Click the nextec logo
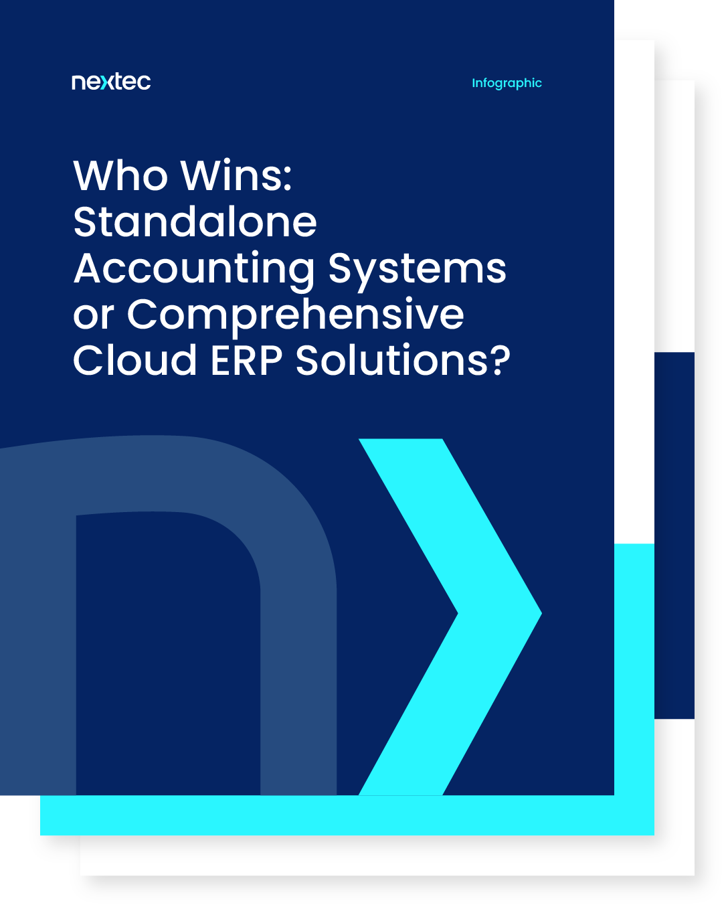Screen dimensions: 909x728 111,82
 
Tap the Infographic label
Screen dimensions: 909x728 507,83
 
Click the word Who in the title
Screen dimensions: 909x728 120,176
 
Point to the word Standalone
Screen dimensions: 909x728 195,222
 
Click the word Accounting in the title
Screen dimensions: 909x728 194,269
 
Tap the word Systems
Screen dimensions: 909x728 417,269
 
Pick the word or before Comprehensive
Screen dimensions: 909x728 93,315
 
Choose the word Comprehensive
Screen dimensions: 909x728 295,315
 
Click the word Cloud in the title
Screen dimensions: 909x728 134,361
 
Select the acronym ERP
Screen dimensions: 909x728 246,361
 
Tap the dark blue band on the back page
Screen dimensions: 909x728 674,535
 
